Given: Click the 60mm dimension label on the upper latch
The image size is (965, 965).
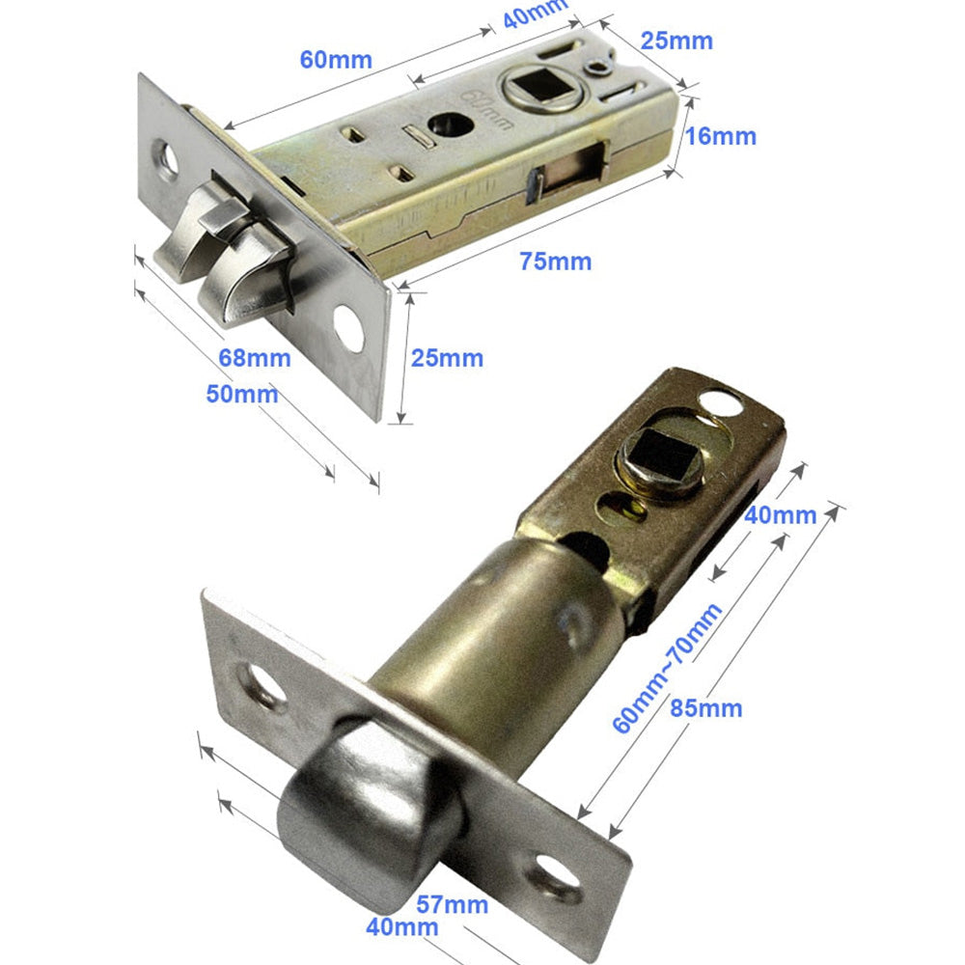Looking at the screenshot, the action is [336, 60].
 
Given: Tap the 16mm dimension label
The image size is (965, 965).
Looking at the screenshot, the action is [721, 136].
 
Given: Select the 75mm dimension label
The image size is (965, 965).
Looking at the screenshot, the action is [555, 261].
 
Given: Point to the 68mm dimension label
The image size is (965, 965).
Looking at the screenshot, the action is [254, 358].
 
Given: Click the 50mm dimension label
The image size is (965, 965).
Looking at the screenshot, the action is [242, 394].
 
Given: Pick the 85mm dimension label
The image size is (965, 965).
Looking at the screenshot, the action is [706, 707].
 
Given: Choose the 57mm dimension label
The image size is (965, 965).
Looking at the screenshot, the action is [453, 905].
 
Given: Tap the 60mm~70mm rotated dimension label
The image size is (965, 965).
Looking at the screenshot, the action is [667, 668].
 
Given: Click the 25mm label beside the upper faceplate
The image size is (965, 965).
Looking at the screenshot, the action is [447, 358].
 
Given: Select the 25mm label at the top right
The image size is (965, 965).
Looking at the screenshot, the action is [676, 41].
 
